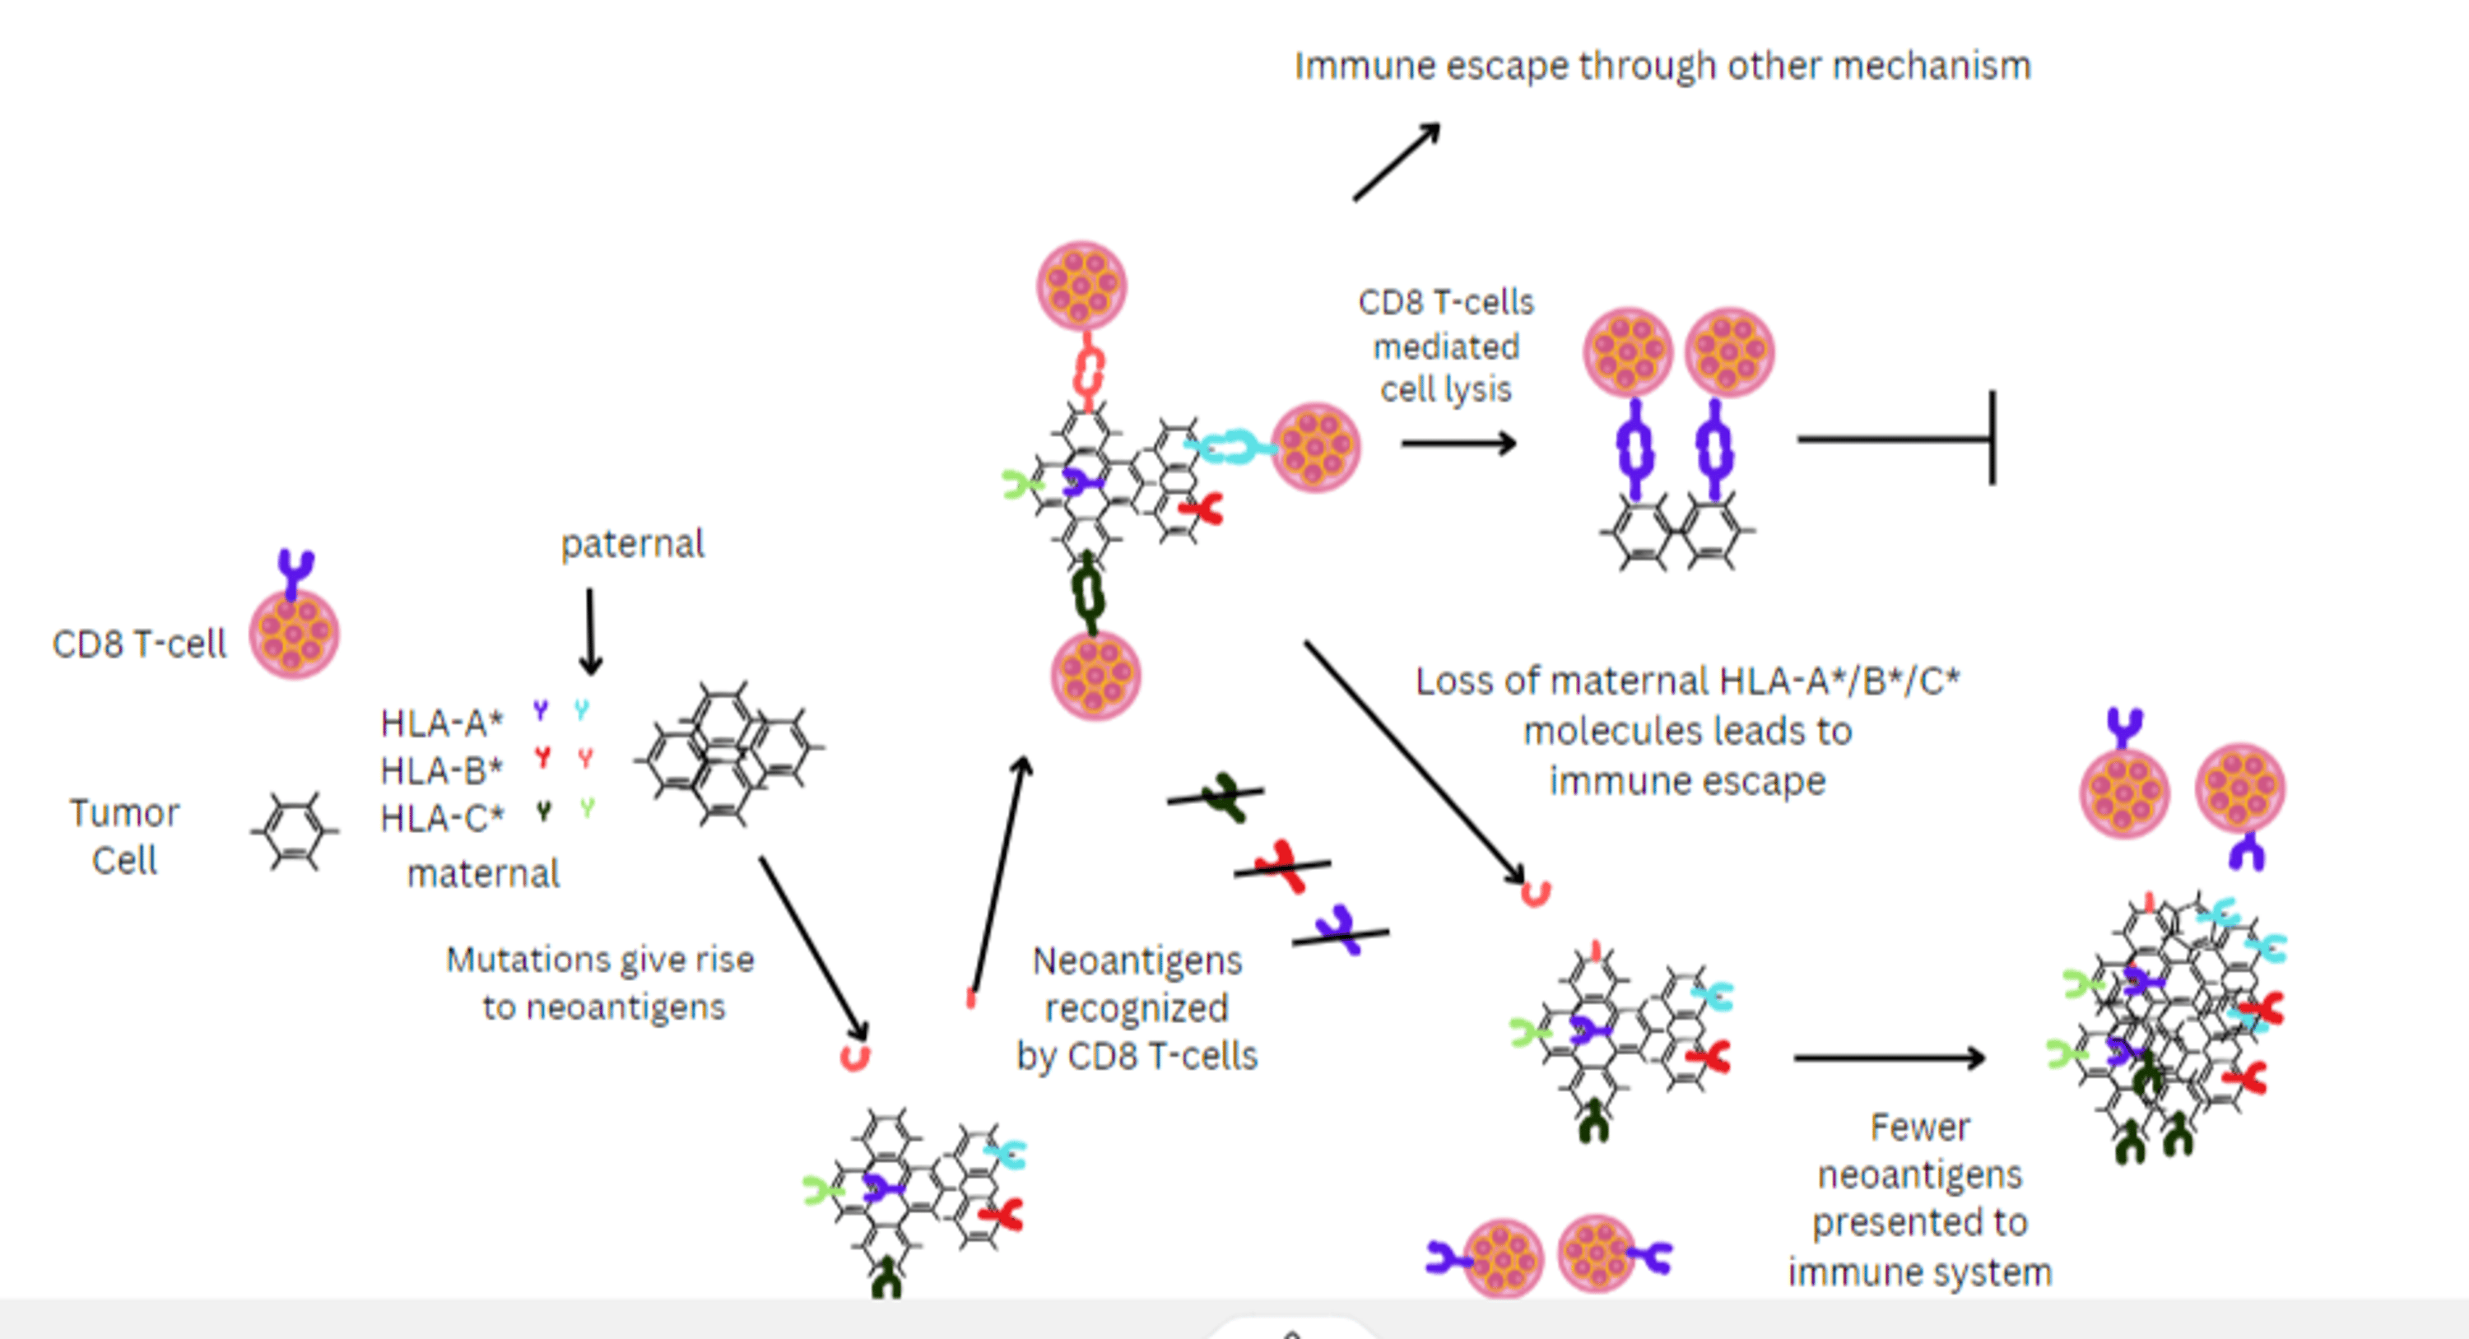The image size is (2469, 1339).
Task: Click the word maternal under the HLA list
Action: coord(483,874)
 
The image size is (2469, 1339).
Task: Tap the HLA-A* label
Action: coord(441,723)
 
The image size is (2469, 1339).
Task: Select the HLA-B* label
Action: coord(441,769)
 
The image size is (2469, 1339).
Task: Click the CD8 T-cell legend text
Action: coord(139,644)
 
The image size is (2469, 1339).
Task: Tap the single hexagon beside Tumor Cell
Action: coord(295,831)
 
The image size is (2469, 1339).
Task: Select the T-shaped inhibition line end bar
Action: coord(1992,438)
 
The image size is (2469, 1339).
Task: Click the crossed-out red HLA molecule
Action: coord(1281,867)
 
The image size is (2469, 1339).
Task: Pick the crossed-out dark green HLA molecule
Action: coord(1223,797)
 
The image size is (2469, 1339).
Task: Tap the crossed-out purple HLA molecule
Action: coord(1339,930)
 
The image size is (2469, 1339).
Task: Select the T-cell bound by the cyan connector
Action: coord(1315,448)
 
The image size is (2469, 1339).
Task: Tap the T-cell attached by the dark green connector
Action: coord(1095,676)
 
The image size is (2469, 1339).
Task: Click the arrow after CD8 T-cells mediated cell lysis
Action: coord(1458,443)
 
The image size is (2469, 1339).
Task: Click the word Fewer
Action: coord(1920,1127)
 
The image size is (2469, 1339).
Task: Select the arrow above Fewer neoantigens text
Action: coord(1888,1058)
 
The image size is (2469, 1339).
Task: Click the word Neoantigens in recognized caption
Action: coord(1137,960)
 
